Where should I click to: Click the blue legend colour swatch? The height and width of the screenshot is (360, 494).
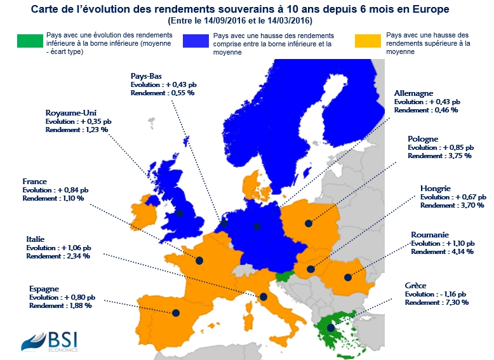click(x=196, y=40)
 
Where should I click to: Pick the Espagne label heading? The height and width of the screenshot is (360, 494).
click(x=44, y=288)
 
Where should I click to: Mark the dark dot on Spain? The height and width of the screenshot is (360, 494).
click(x=175, y=312)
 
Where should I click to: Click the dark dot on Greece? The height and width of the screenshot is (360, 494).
click(x=331, y=328)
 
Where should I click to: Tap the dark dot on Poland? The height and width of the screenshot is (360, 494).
click(x=308, y=223)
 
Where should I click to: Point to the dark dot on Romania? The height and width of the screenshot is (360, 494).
click(x=347, y=277)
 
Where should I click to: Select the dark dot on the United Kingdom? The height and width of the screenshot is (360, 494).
click(x=180, y=213)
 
